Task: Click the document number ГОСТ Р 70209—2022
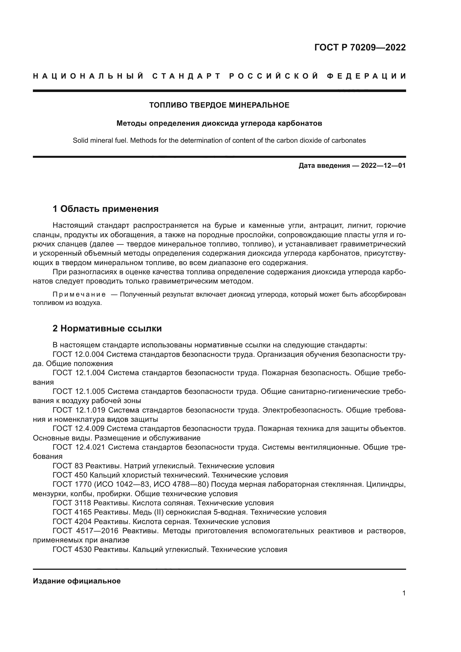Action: (x=360, y=47)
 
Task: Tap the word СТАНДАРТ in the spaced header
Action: (x=186, y=76)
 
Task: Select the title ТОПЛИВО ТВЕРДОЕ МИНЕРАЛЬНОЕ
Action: (x=219, y=105)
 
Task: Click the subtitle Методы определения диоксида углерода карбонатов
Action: (x=219, y=123)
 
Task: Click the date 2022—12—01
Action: (x=383, y=166)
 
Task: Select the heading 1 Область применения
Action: (x=105, y=209)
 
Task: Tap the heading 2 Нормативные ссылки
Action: (x=107, y=328)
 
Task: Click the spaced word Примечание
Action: (x=79, y=294)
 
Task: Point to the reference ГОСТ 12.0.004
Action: (x=79, y=354)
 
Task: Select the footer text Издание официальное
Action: (x=77, y=581)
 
